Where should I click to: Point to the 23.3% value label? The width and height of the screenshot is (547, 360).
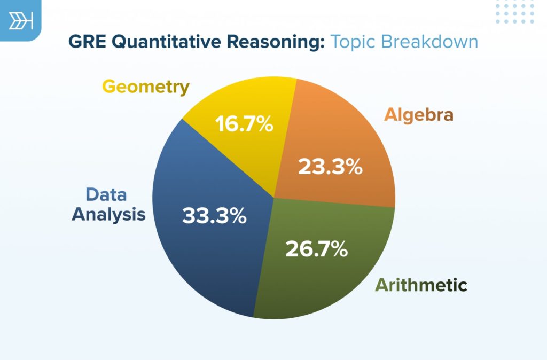coord(330,167)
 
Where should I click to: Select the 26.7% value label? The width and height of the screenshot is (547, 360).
coord(316,248)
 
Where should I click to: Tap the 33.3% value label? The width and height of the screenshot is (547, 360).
coord(214,216)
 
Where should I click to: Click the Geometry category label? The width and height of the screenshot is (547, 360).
coord(145,87)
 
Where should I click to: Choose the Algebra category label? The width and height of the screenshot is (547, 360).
coord(418,114)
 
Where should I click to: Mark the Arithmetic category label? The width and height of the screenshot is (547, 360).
coord(421,285)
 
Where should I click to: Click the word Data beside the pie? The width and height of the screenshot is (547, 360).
coord(106,194)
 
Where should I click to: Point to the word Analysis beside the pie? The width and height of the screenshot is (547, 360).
coord(108,214)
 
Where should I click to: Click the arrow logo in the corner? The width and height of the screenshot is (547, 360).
coord(21,21)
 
